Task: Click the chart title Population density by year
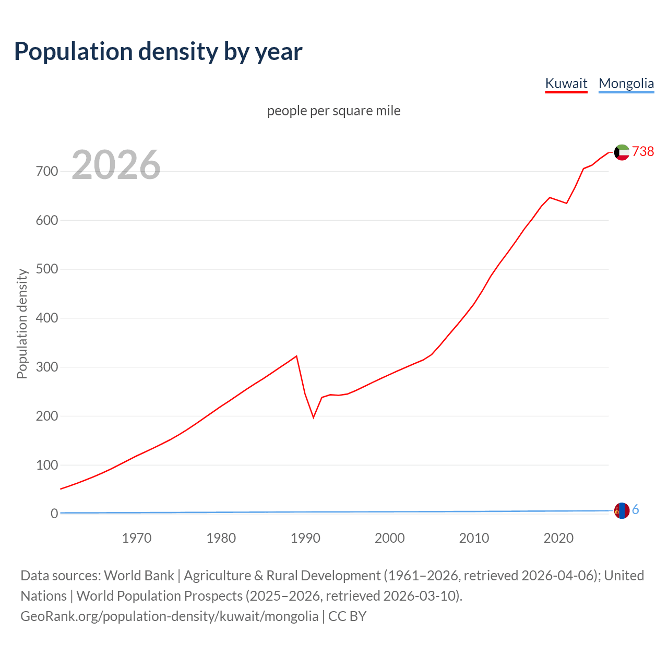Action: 158,52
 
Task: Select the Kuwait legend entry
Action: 566,83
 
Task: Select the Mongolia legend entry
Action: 626,83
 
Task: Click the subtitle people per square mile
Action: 334,111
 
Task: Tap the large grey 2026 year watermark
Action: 116,165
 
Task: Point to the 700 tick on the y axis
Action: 47,171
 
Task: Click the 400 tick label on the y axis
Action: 47,318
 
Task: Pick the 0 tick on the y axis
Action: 54,514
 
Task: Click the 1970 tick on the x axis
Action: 137,538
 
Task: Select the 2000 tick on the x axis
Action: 390,538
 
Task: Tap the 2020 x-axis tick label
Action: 558,538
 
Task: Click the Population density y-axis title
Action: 22,324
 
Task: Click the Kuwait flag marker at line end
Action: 622,152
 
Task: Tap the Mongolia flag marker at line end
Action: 622,510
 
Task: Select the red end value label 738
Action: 643,151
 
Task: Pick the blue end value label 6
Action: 636,510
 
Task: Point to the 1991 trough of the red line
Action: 314,417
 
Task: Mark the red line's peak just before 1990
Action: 296,356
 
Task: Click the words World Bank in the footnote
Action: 139,576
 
